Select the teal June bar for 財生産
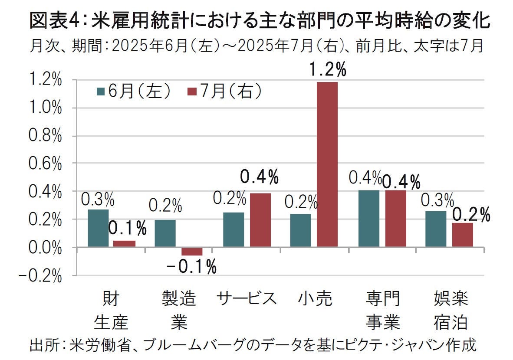coord(98,228)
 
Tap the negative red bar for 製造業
coord(191,251)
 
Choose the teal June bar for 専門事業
coord(368,219)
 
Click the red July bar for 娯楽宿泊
coord(462,235)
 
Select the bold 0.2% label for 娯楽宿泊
coord(471,214)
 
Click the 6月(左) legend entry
coord(134,91)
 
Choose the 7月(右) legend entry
coord(225,91)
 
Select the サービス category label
coord(247,299)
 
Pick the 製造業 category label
coord(178,310)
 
